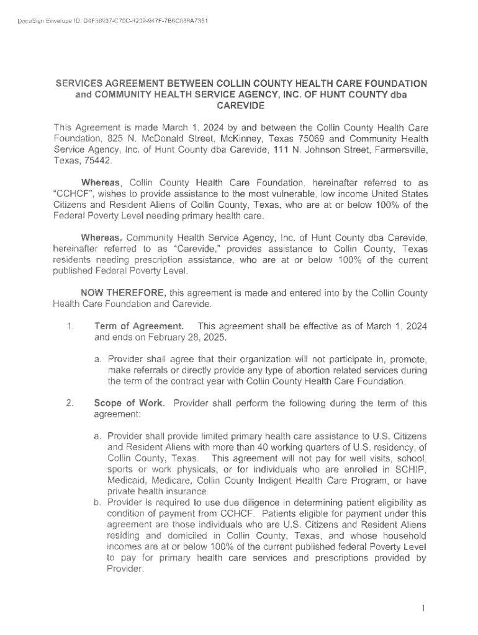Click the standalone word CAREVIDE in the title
(x=239, y=106)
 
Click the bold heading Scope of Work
(x=129, y=403)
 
